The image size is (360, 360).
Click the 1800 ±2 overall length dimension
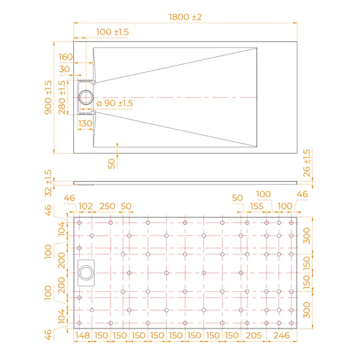pos(185,17)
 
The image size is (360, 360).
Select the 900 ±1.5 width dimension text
pos(48,97)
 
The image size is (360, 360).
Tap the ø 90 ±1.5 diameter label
pos(115,103)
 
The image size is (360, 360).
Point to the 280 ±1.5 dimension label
pos(62,97)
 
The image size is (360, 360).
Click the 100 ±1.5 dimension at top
pos(112,32)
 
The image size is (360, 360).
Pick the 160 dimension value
pos(66,57)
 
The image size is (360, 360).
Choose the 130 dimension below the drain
pos(85,123)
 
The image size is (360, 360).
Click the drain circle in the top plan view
pos(86,97)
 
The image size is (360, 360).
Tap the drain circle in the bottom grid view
pos(86,273)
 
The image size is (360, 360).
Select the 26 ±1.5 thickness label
pos(307,163)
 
